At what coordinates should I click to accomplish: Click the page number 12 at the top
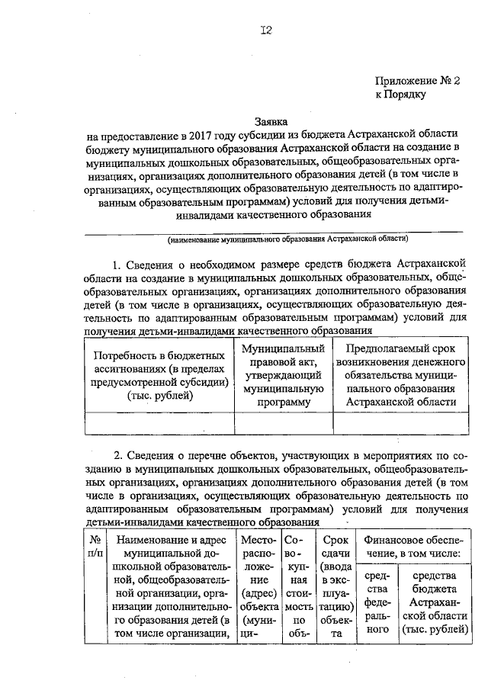[265, 30]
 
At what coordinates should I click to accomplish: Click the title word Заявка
[273, 120]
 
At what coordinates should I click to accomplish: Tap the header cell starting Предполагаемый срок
[400, 375]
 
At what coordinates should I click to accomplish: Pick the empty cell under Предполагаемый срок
[400, 422]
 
